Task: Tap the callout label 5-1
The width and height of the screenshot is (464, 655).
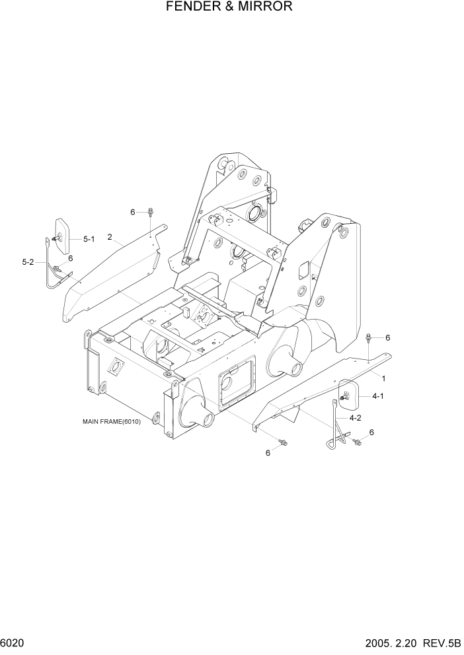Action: [x=89, y=239]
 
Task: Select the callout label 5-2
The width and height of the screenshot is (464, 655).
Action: [x=28, y=262]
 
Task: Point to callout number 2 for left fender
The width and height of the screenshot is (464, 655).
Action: [x=109, y=237]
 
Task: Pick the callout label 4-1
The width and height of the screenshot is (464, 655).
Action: [x=379, y=396]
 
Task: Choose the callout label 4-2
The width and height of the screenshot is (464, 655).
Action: [x=355, y=417]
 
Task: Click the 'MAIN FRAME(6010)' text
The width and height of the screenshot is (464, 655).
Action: [x=112, y=421]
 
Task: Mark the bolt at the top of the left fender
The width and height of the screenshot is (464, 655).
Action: [x=151, y=213]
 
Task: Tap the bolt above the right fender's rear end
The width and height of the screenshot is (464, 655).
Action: [x=367, y=339]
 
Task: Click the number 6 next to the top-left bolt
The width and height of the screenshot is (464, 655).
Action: [x=132, y=212]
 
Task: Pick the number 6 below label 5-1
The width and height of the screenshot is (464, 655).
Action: [x=70, y=258]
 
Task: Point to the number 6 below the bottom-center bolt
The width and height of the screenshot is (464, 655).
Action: [x=268, y=452]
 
